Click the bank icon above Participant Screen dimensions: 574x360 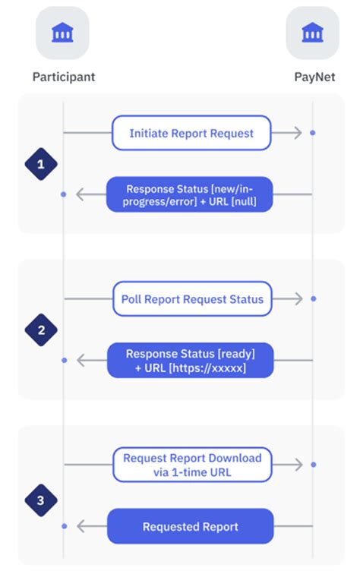pyautogui.click(x=62, y=33)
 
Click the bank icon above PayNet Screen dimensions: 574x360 pyautogui.click(x=312, y=33)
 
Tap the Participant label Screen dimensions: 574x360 pyautogui.click(x=63, y=77)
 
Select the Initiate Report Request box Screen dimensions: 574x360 pyautogui.click(x=191, y=133)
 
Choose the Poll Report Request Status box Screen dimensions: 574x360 pyautogui.click(x=192, y=299)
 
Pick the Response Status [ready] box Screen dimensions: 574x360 pyautogui.click(x=189, y=360)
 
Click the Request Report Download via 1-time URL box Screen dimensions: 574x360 pyautogui.click(x=192, y=465)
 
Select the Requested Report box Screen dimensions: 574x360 pyautogui.click(x=189, y=526)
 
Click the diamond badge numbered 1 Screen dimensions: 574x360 pyautogui.click(x=41, y=163)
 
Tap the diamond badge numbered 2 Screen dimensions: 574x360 pyautogui.click(x=41, y=330)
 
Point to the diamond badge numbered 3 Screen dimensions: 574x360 pyautogui.click(x=41, y=499)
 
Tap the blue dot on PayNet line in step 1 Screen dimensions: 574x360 pyautogui.click(x=312, y=133)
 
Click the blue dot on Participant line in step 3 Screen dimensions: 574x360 pyautogui.click(x=64, y=526)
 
